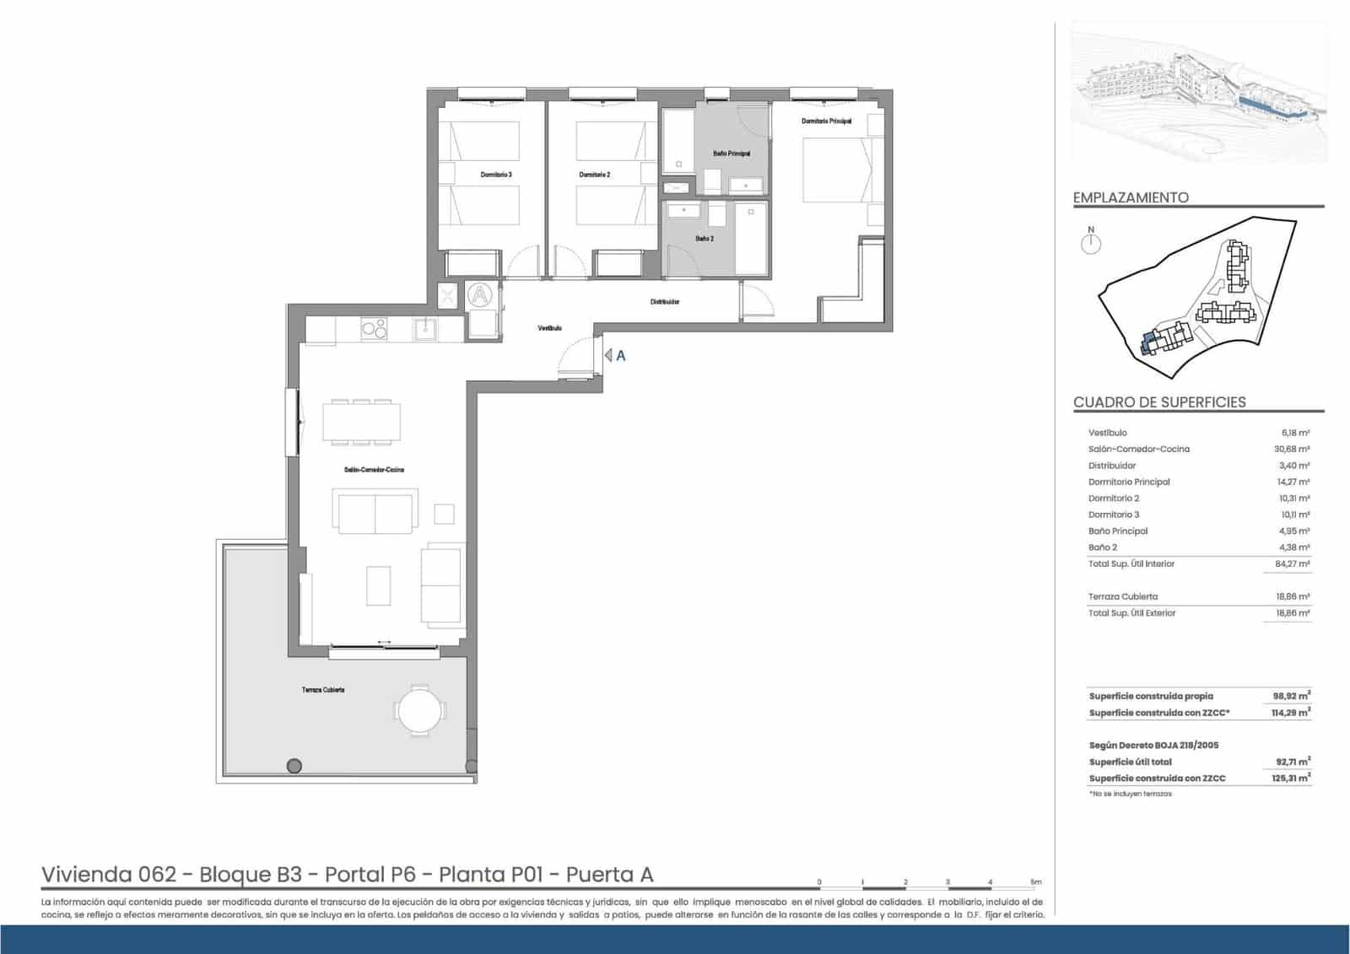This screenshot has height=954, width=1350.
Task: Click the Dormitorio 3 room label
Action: click(496, 175)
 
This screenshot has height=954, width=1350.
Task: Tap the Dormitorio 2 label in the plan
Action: click(594, 175)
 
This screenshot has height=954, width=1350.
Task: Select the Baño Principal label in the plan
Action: click(731, 154)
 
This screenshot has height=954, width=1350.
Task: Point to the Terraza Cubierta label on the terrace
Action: click(323, 690)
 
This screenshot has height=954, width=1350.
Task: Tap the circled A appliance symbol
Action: click(479, 295)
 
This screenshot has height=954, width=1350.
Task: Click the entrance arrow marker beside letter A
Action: click(608, 356)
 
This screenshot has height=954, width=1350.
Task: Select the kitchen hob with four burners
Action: click(374, 329)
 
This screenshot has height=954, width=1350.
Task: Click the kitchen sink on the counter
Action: click(425, 328)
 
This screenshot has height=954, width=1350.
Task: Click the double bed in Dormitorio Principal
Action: click(835, 170)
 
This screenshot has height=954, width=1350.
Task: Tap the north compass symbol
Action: click(1091, 243)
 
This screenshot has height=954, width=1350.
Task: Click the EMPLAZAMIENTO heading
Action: click(1131, 197)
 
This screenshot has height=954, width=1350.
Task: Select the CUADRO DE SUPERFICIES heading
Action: click(1159, 402)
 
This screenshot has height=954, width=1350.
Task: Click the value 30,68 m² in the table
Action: click(1292, 449)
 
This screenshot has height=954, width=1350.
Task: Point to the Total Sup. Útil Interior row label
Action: click(1131, 563)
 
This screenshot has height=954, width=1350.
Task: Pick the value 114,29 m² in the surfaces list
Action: click(1290, 713)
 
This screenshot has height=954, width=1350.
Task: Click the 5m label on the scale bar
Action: click(1035, 881)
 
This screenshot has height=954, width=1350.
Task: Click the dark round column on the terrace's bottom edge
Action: click(294, 766)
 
